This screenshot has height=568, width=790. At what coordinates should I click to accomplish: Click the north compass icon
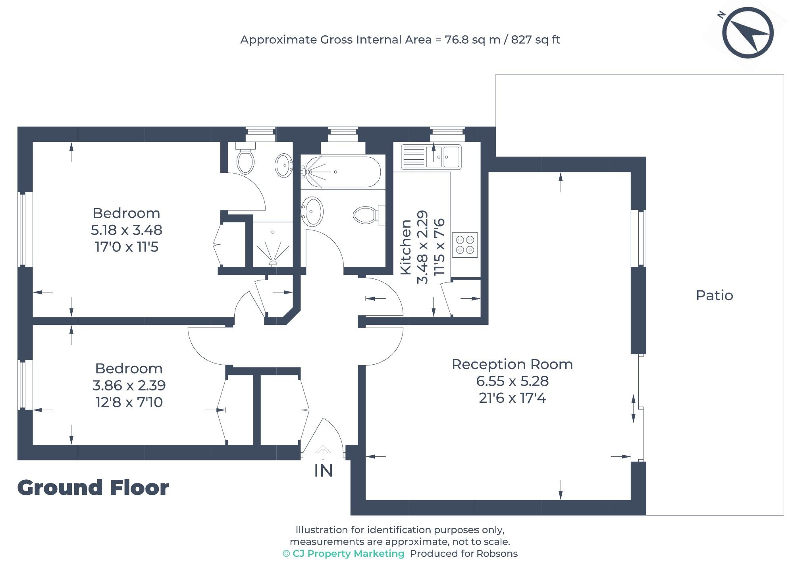(748, 33)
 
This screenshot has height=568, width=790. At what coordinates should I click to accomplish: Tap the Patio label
(714, 296)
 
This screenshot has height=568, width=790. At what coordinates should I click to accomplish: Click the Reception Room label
(512, 364)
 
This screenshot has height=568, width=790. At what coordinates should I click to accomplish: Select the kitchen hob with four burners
(464, 245)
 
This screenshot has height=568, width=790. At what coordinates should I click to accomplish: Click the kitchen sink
(432, 156)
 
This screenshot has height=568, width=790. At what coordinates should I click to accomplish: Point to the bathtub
(341, 172)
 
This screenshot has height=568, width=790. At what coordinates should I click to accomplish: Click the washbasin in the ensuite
(284, 164)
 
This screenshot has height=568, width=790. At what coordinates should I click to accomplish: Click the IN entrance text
(323, 471)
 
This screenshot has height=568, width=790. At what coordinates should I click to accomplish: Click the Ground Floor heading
(93, 488)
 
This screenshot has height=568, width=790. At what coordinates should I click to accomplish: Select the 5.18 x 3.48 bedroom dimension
(126, 230)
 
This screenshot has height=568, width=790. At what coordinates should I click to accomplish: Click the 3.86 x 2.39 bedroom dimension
(129, 385)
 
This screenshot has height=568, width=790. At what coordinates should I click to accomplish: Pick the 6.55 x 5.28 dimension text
(512, 381)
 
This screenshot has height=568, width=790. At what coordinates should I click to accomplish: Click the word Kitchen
(405, 247)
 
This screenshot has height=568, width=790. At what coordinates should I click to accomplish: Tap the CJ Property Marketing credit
(343, 554)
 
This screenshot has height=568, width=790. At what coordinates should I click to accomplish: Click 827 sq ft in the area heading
(535, 40)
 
